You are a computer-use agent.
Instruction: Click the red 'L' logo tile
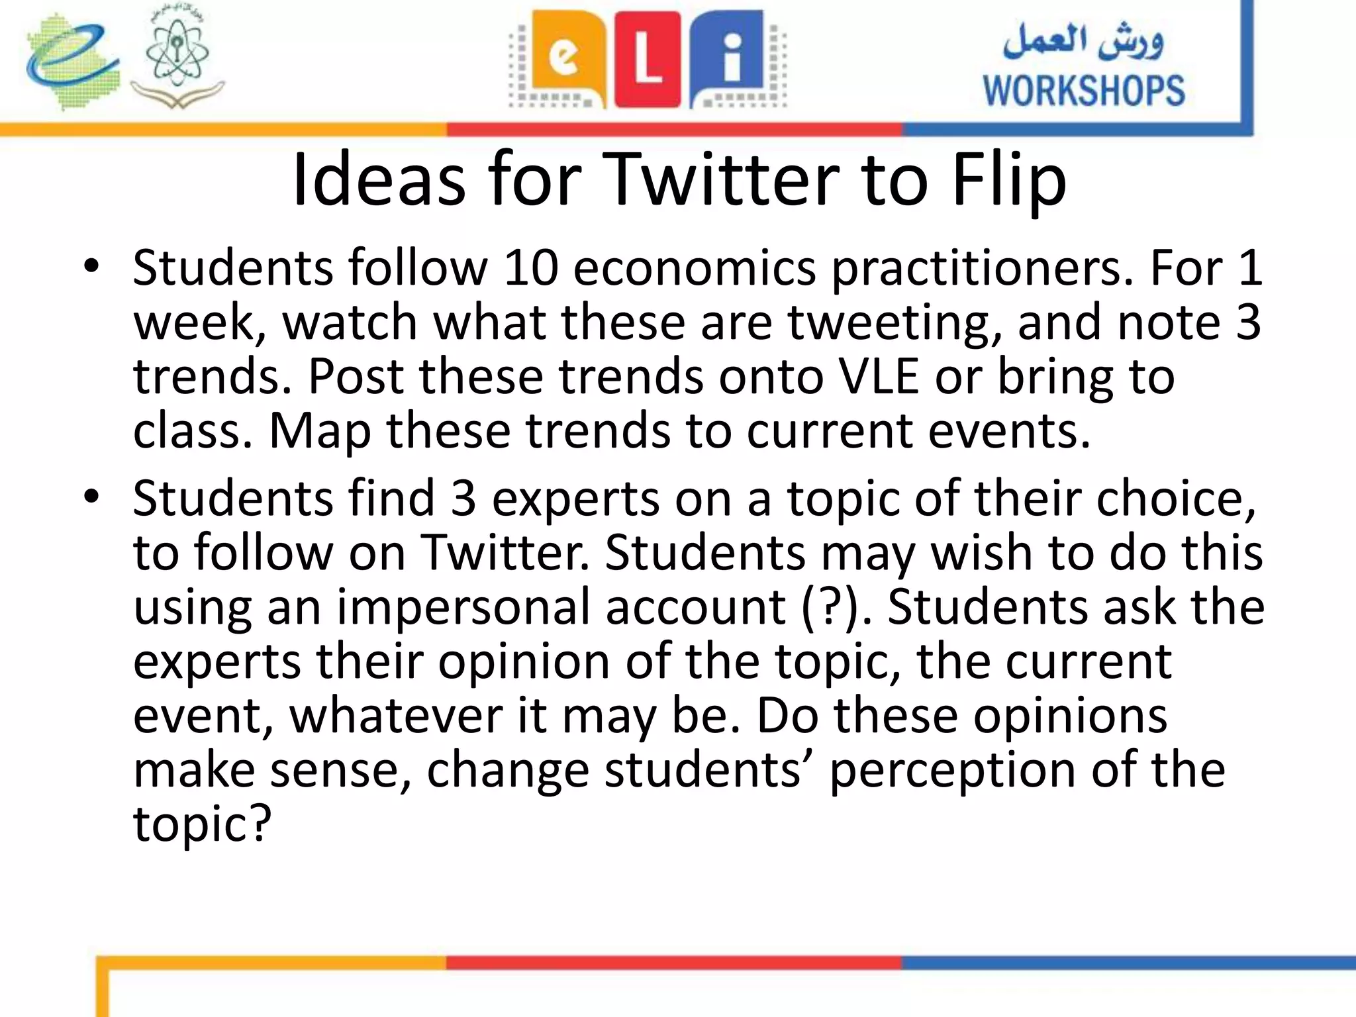[x=648, y=60]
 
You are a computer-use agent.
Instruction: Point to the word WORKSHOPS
[x=1083, y=91]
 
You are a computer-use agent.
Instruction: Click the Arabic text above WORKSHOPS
[x=1083, y=41]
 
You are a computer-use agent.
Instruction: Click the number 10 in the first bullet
[x=530, y=267]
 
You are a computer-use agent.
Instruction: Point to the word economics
[x=695, y=267]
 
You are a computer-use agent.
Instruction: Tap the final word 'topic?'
[x=203, y=825]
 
